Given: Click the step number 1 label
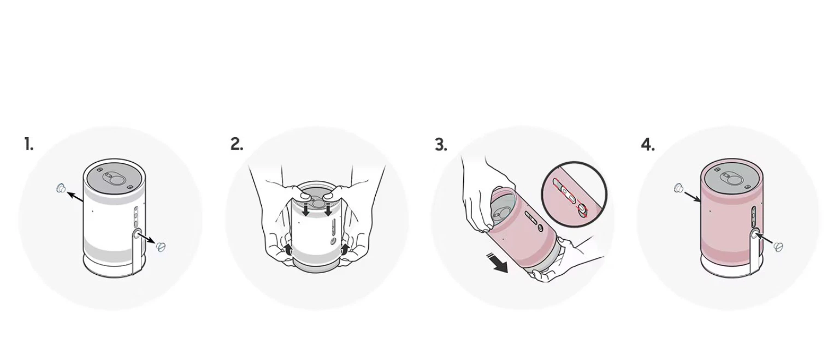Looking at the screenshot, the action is click(29, 144).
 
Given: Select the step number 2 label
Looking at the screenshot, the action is click(237, 144).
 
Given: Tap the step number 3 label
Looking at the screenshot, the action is click(441, 145).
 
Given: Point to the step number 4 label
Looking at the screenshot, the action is click(648, 145).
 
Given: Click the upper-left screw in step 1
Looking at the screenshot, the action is click(61, 188).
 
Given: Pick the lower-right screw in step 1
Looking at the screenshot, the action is click(161, 247).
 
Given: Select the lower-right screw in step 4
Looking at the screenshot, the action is click(778, 247).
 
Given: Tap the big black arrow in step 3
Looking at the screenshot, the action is click(497, 262).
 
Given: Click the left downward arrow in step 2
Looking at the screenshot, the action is click(306, 209).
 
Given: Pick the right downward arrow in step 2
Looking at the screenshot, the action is click(328, 209).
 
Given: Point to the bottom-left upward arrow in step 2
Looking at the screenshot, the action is click(288, 250).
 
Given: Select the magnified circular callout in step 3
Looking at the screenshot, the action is click(574, 194).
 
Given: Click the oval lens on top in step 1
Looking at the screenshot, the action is click(114, 178).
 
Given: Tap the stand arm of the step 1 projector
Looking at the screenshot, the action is click(138, 251).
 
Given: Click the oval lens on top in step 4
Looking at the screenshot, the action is click(731, 178).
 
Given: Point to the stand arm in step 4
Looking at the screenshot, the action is click(755, 251).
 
